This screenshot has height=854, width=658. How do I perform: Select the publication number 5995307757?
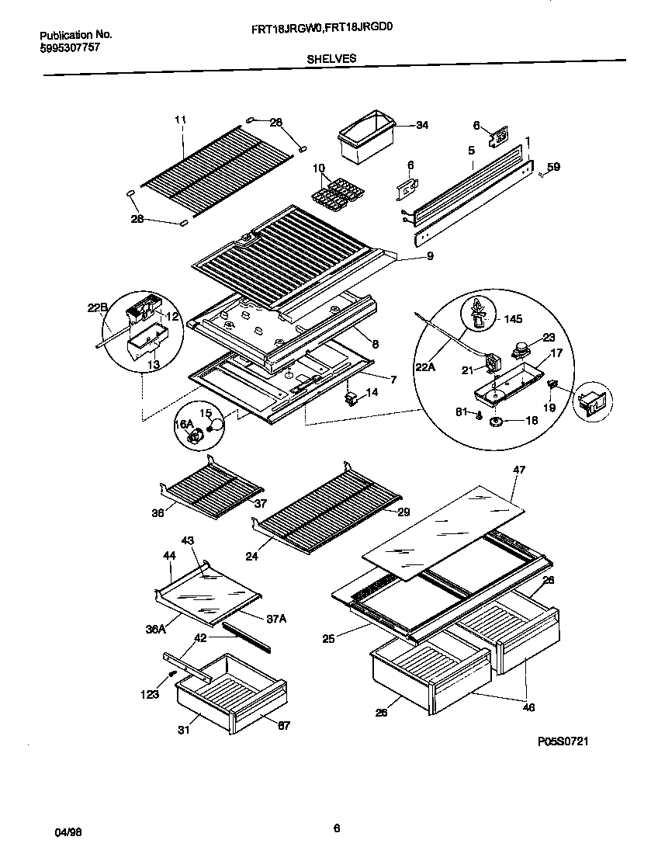pyautogui.click(x=69, y=47)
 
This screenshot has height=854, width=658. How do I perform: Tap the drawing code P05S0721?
pyautogui.click(x=563, y=741)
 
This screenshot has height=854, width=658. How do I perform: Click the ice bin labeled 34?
pyautogui.click(x=363, y=139)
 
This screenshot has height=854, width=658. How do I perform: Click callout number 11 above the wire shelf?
pyautogui.click(x=181, y=120)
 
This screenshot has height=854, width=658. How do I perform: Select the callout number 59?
pyautogui.click(x=552, y=166)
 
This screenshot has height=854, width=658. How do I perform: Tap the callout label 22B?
pyautogui.click(x=97, y=308)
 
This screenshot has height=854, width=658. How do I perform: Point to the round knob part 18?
pyautogui.click(x=494, y=420)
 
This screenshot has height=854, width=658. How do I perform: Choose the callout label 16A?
pyautogui.click(x=183, y=423)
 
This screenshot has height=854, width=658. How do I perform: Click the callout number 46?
pyautogui.click(x=528, y=707)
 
